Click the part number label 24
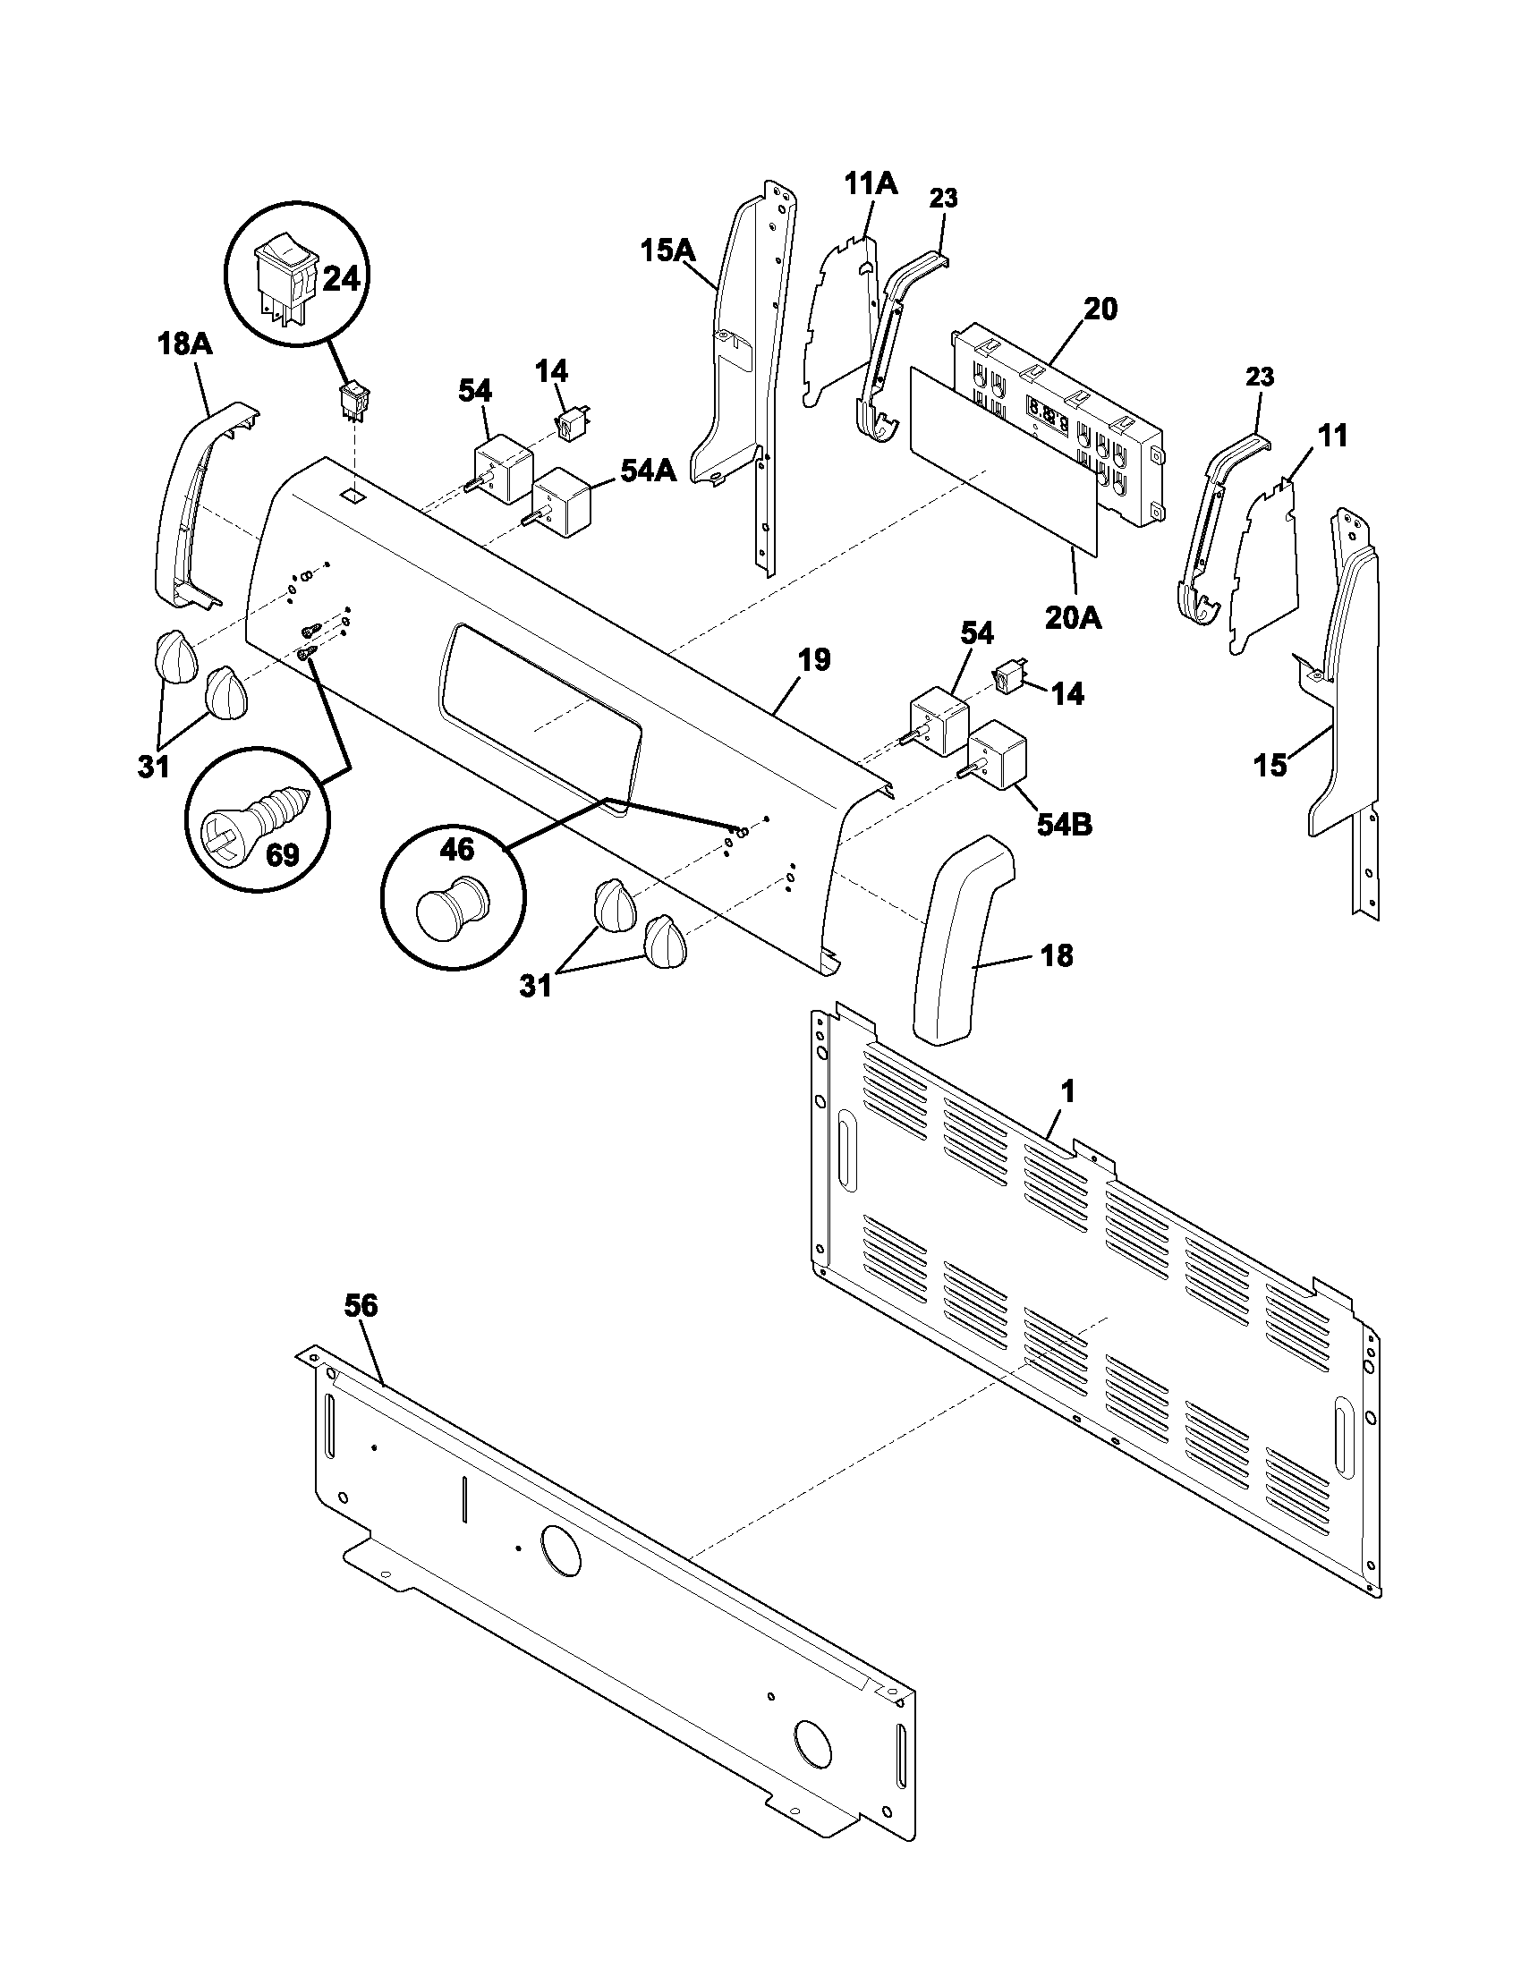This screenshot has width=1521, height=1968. pyautogui.click(x=341, y=278)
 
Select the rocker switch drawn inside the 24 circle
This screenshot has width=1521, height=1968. pyautogui.click(x=285, y=272)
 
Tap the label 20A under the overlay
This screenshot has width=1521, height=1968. pyautogui.click(x=1073, y=617)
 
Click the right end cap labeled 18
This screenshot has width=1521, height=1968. pyautogui.click(x=961, y=942)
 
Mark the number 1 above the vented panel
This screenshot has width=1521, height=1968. pyautogui.click(x=1066, y=1092)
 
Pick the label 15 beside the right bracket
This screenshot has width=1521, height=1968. pyautogui.click(x=1270, y=765)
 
